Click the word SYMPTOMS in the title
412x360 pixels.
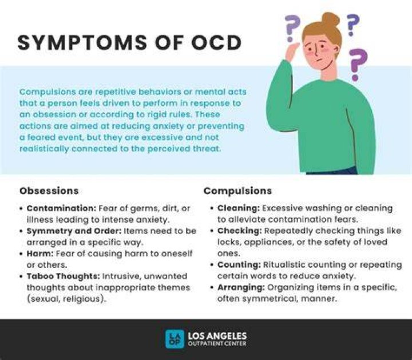pyautogui.click(x=82, y=42)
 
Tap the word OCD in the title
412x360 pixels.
pyautogui.click(x=216, y=42)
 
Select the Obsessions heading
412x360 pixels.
pyautogui.click(x=49, y=191)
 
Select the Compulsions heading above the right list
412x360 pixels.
pyautogui.click(x=238, y=191)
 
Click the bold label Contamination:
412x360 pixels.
pyautogui.click(x=62, y=208)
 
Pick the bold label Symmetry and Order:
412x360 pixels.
pyautogui.click(x=74, y=231)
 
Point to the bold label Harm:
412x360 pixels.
pyautogui.click(x=40, y=254)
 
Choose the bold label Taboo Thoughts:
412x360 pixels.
pyautogui.click(x=64, y=276)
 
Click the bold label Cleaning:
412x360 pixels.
pyautogui.click(x=239, y=208)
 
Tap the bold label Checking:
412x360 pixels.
pyautogui.click(x=240, y=231)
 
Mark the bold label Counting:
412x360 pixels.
pyautogui.click(x=239, y=264)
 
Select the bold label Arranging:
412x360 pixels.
pyautogui.click(x=241, y=287)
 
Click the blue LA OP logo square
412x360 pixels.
pyautogui.click(x=175, y=339)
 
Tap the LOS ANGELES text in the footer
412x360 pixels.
pyautogui.click(x=217, y=336)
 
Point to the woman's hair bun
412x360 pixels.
pyautogui.click(x=331, y=19)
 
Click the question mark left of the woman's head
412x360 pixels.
pyautogui.click(x=292, y=28)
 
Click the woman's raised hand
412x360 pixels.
pyautogui.click(x=292, y=52)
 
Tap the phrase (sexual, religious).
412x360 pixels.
pyautogui.click(x=67, y=299)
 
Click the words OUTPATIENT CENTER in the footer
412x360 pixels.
pyautogui.click(x=217, y=343)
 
